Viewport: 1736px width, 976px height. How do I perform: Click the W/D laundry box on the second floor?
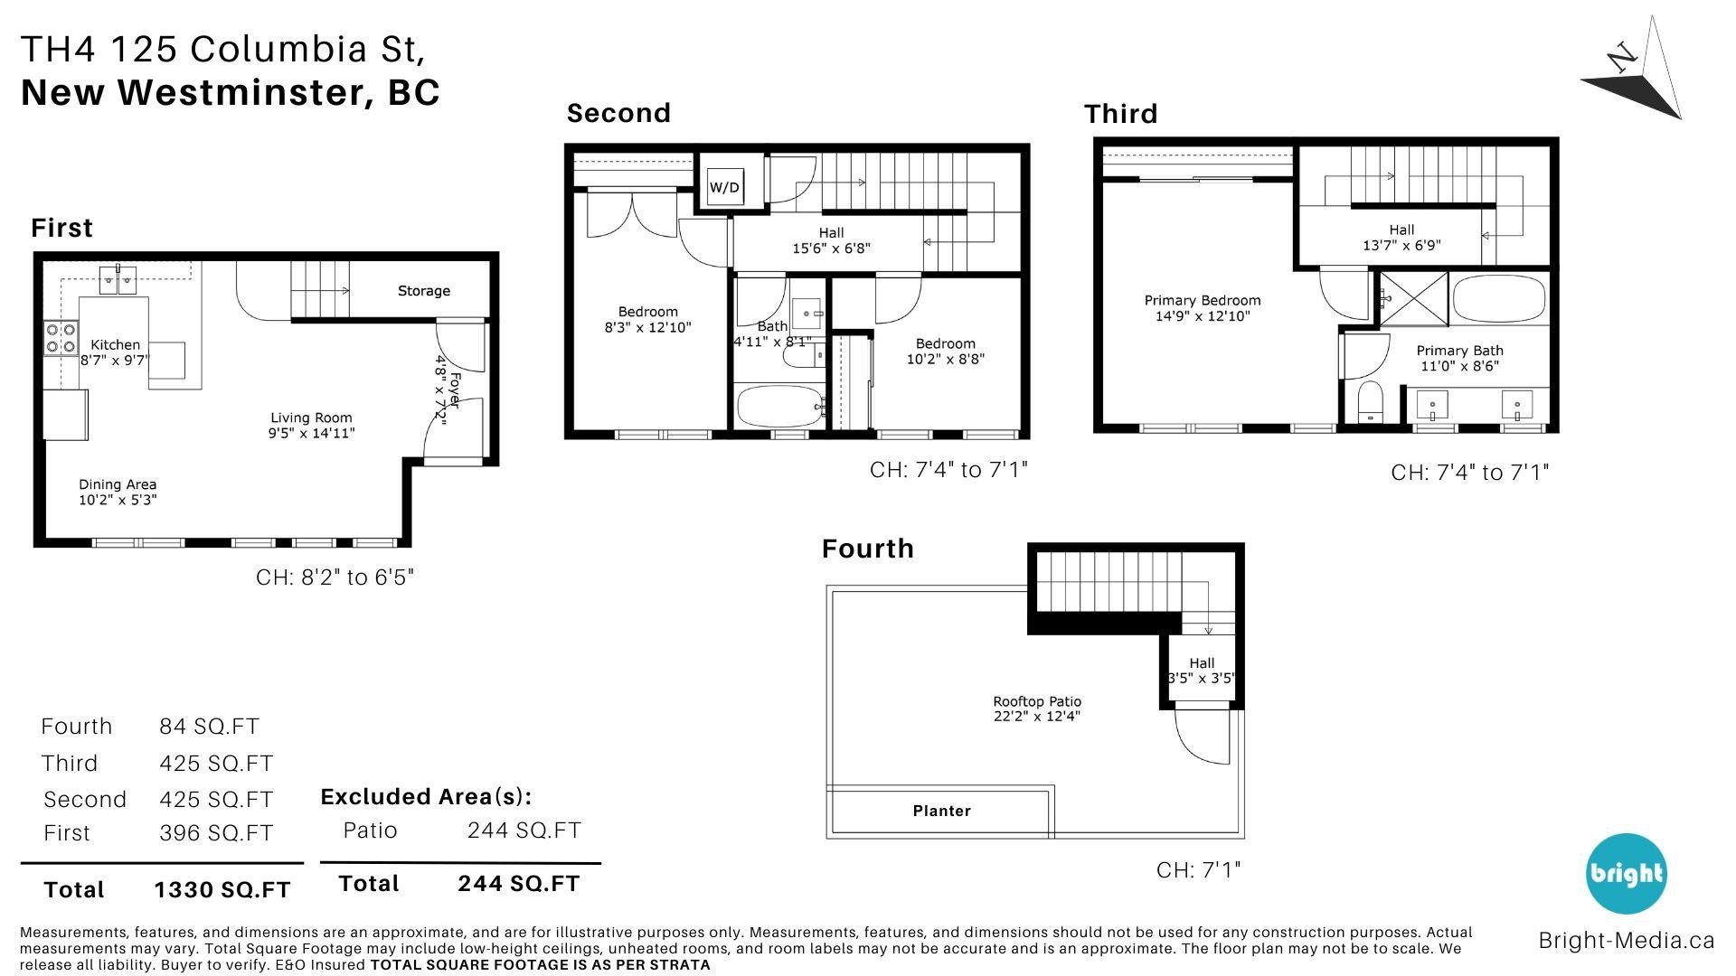click(724, 187)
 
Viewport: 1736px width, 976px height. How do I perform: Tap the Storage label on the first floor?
click(424, 291)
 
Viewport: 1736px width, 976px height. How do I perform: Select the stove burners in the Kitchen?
click(61, 338)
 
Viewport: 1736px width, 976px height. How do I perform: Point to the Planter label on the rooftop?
click(942, 811)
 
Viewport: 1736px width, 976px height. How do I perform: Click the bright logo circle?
click(1627, 873)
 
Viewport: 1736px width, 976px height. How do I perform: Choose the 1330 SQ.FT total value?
click(222, 890)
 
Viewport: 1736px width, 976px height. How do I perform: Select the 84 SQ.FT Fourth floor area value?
click(209, 727)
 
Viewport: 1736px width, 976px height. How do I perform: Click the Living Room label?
click(311, 418)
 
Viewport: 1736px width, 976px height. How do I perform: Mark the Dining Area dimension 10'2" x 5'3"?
click(118, 500)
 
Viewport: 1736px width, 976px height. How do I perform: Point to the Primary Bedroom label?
click(1203, 301)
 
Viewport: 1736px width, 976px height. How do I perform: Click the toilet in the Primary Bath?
click(1372, 401)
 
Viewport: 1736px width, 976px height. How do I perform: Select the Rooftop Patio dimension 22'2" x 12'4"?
click(1037, 717)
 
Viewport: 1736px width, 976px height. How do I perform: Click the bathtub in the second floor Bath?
click(779, 407)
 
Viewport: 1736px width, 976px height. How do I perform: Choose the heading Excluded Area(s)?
click(426, 797)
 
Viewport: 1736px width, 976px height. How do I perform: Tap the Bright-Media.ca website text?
click(1627, 941)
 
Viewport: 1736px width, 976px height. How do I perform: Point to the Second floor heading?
click(618, 113)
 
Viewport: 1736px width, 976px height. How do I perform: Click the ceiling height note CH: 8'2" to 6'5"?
click(335, 577)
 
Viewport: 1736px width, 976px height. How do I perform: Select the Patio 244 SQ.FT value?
click(524, 831)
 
